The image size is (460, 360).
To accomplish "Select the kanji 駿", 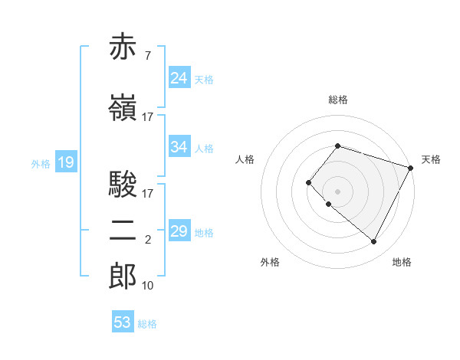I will coord(123,185).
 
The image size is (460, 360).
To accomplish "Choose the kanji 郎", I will coord(123,277).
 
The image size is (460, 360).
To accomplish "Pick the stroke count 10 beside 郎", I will coord(148,286).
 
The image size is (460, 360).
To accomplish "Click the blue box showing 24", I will coord(179,78).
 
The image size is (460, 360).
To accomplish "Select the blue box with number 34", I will coord(179,147).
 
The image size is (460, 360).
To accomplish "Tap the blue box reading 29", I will coord(179,231).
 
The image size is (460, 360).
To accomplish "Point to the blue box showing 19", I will coord(65,162).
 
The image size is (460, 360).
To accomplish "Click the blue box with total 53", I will coord(123,322).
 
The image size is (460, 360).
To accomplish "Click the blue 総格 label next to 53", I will coord(147,324).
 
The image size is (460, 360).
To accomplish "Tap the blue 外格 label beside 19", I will coord(41,163).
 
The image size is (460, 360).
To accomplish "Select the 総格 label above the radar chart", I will coord(337,100).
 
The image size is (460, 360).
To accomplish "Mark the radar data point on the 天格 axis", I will coord(412,168).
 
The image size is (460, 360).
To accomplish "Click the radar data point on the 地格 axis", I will coord(373,242).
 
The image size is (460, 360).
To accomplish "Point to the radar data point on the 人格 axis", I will coord(308,182).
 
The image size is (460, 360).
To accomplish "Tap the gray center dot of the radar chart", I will coord(337,191).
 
